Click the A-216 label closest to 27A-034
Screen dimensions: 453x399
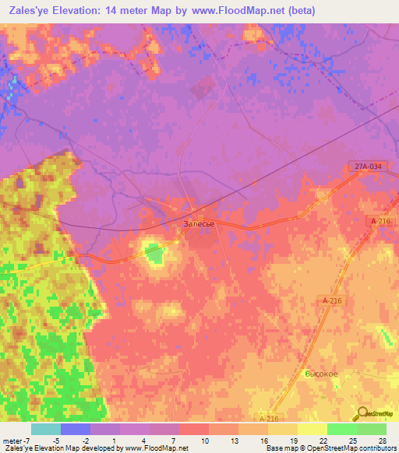pos(380,222)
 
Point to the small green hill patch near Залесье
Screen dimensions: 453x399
pos(154,253)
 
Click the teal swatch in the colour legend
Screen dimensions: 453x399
pos(46,429)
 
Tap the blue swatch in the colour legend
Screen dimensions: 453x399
pos(76,429)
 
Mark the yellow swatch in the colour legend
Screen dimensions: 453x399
pos(312,429)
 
